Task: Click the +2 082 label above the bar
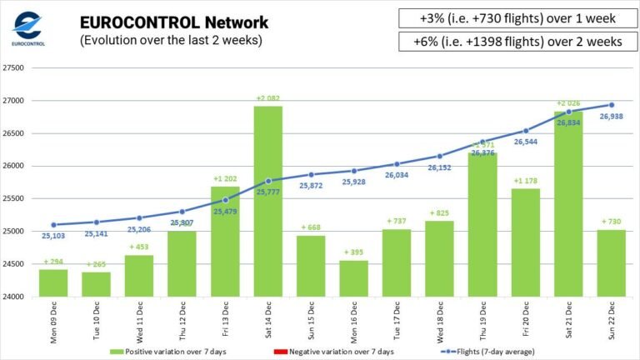tap(267, 98)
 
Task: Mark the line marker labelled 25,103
tap(53, 225)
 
